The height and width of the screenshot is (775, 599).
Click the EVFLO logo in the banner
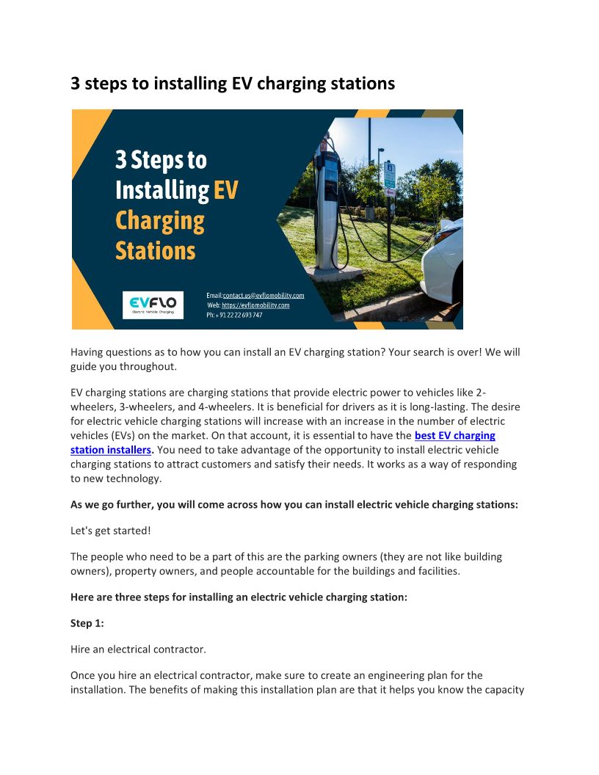point(153,305)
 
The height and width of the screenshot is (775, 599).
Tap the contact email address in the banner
point(263,295)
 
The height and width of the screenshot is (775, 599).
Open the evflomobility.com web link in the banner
point(255,305)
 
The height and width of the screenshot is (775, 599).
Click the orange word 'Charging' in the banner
point(160,221)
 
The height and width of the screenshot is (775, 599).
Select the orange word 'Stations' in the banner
point(156,251)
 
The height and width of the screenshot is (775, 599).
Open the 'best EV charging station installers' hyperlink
point(454,436)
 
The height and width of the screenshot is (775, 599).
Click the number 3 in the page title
point(76,84)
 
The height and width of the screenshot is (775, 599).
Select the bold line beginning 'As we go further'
point(294,505)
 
